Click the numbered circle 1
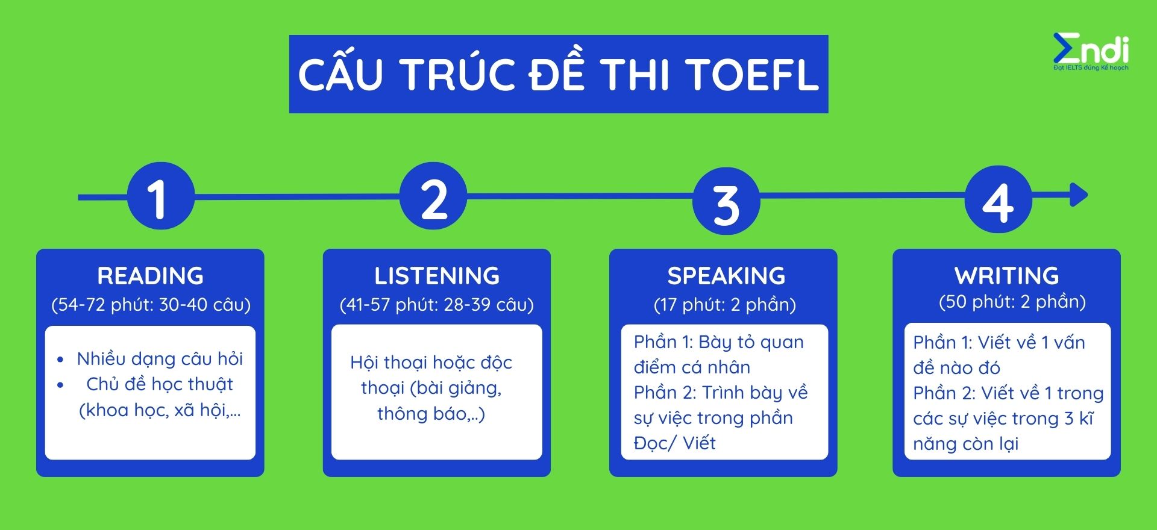(x=161, y=196)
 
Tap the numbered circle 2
(x=433, y=196)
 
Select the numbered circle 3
(x=726, y=201)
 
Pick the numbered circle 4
(x=999, y=199)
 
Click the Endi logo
(x=1091, y=51)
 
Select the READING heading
(x=151, y=276)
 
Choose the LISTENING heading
(x=437, y=276)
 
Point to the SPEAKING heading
(x=726, y=276)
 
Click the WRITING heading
(x=1006, y=276)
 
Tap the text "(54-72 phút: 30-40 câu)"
(x=151, y=305)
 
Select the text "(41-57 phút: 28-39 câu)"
(x=437, y=305)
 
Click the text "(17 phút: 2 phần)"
(x=725, y=305)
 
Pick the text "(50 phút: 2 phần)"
(x=1012, y=302)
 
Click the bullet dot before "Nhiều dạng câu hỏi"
(x=60, y=360)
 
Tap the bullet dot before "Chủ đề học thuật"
(x=60, y=385)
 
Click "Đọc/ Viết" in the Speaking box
(x=674, y=443)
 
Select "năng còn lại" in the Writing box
(x=965, y=444)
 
